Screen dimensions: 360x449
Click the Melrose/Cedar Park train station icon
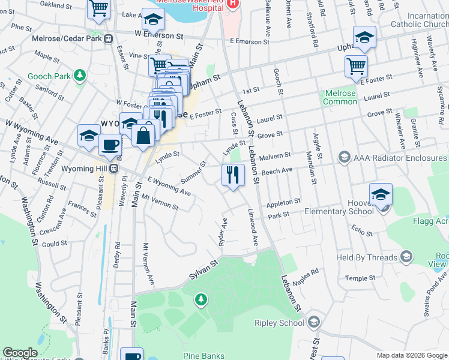pos(109,38)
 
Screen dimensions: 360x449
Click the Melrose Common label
pos(340,97)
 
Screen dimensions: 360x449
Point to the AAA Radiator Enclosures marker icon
pos(344,157)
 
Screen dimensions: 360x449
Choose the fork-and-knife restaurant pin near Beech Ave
pos(232,175)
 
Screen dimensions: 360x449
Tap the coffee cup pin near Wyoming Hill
pos(110,145)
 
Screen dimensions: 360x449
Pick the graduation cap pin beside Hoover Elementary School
pos(381,194)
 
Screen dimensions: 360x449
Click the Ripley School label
pos(283,323)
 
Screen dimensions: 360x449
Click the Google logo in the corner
pos(20,353)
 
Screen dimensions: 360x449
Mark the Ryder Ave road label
pos(223,227)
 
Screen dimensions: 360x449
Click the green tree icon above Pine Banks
pos(202,298)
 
